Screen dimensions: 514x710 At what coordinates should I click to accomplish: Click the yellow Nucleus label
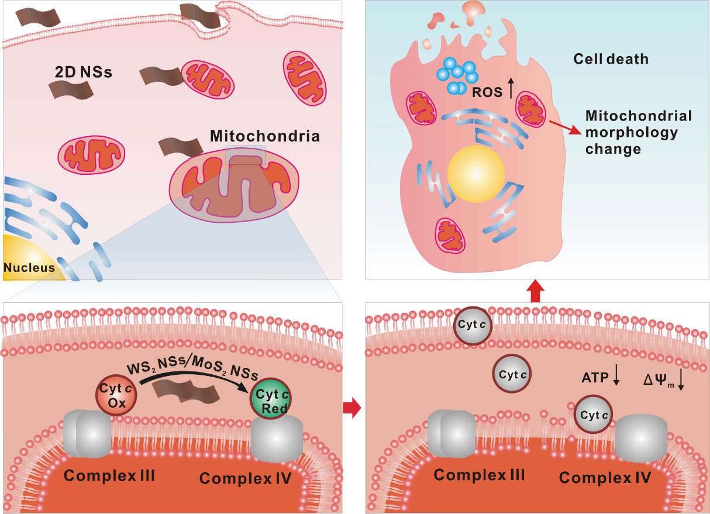(x=29, y=268)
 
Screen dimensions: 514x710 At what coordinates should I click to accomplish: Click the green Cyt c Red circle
(x=271, y=401)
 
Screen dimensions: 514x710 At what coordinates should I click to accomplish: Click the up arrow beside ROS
(x=510, y=89)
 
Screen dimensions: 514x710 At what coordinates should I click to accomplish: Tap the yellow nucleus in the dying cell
(x=476, y=174)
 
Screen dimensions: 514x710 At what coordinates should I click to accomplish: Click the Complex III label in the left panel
(x=109, y=475)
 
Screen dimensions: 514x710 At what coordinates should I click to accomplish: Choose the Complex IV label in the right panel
(x=605, y=477)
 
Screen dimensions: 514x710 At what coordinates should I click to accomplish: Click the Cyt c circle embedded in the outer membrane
(x=474, y=325)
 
